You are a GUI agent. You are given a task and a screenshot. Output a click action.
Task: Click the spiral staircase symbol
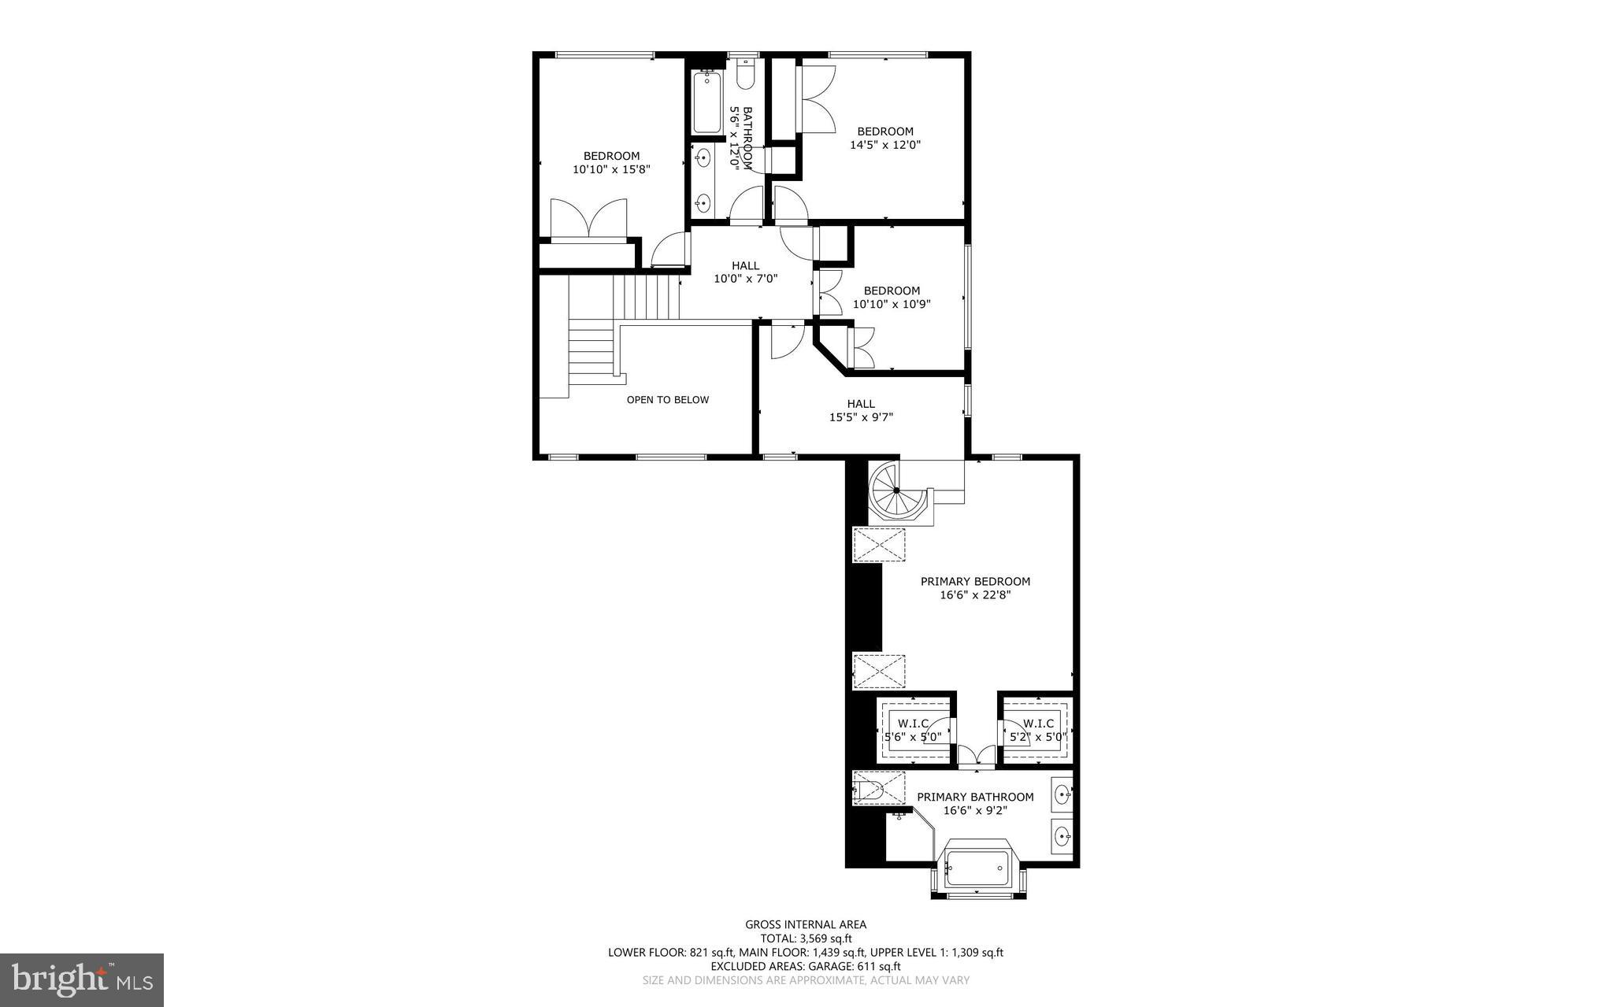(x=896, y=490)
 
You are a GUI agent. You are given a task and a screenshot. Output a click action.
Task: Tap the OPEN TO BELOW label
(x=667, y=399)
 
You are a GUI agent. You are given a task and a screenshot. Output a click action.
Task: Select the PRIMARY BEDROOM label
(x=975, y=581)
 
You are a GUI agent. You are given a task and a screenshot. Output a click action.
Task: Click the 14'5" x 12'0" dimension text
(x=885, y=145)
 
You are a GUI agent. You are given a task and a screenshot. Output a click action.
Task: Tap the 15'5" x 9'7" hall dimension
(x=861, y=417)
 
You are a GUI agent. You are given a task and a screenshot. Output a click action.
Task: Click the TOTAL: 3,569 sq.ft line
(x=806, y=939)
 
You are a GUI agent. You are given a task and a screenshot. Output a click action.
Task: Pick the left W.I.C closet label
(x=913, y=724)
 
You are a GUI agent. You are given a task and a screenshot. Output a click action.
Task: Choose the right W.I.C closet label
(x=1038, y=724)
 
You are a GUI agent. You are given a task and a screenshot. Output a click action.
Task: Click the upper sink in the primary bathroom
(x=1062, y=792)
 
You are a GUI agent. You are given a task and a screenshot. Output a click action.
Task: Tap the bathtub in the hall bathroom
(x=707, y=102)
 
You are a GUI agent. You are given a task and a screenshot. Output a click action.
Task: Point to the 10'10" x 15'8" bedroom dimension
(x=611, y=169)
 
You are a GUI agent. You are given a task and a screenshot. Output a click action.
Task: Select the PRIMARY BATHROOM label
(x=975, y=797)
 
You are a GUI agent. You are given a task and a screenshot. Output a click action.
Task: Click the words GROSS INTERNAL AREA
(x=806, y=924)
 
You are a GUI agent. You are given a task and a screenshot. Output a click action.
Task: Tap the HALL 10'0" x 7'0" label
(x=746, y=272)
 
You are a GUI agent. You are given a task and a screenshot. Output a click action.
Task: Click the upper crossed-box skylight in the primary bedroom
(x=879, y=545)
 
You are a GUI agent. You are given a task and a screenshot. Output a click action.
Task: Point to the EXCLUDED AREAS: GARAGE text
(x=806, y=966)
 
